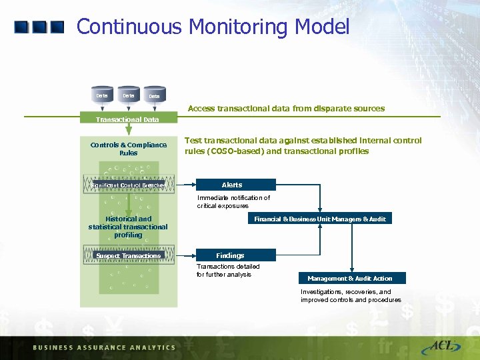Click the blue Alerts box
[x=235, y=185]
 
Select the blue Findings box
[x=235, y=255]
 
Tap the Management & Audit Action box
[x=350, y=278]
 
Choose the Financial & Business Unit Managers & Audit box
[x=320, y=219]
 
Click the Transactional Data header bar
[x=128, y=119]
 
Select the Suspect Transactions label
[x=129, y=255]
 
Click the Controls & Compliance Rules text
[x=129, y=149]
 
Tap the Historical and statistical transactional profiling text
[x=128, y=227]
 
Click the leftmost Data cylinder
[x=102, y=95]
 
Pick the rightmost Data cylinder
[x=154, y=97]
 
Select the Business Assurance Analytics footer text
[x=104, y=347]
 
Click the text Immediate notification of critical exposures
[x=233, y=202]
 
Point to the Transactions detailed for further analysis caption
[x=228, y=270]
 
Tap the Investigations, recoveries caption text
[x=351, y=296]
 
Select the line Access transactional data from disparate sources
[x=286, y=108]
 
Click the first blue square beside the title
[x=21, y=27]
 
